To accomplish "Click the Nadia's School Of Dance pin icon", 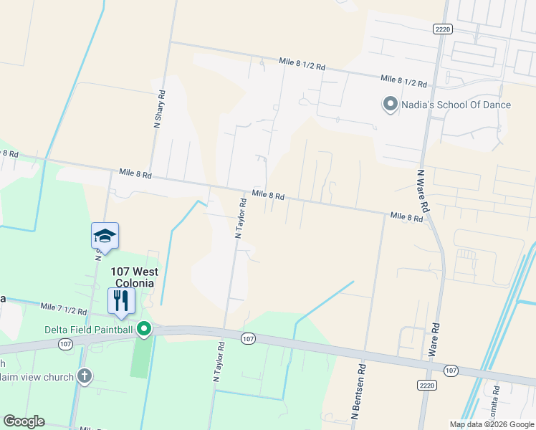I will point(391,105).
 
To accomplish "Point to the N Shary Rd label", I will point(160,108).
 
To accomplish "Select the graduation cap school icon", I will point(105,236).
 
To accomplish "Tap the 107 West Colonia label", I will point(134,277).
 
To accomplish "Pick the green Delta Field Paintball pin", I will point(144,329).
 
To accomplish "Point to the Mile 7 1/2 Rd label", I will point(63,309).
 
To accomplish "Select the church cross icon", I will point(85,376).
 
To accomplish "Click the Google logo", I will point(24,421).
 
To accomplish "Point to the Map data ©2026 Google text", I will point(491,424).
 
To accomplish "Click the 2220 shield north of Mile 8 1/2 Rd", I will point(442,28).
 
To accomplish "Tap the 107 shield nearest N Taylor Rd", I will point(248,338).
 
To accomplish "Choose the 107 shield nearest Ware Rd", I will point(450,370).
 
